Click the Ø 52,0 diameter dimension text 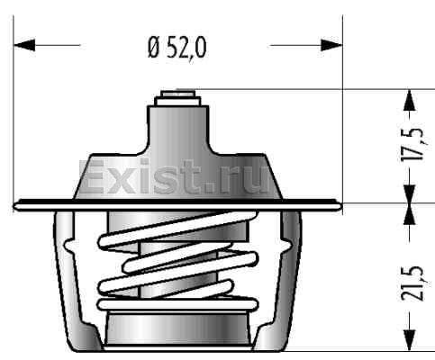pos(177,48)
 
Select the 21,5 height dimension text pos(412,283)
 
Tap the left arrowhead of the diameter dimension pos(24,45)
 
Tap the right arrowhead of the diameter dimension pos(331,45)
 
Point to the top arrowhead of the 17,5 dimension pos(410,100)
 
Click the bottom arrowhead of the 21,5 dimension pos(410,340)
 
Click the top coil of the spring pos(177,229)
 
